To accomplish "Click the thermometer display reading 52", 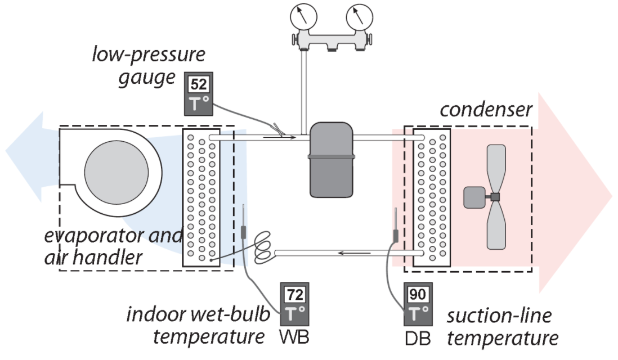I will tap(199, 85).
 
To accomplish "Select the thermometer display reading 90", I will tap(418, 294).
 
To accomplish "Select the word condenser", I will tap(486, 110).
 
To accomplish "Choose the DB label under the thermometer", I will tap(416, 337).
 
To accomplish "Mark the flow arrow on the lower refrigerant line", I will tap(349, 254).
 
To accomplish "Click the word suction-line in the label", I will tap(491, 316).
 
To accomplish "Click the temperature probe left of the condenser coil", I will tap(396, 231).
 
